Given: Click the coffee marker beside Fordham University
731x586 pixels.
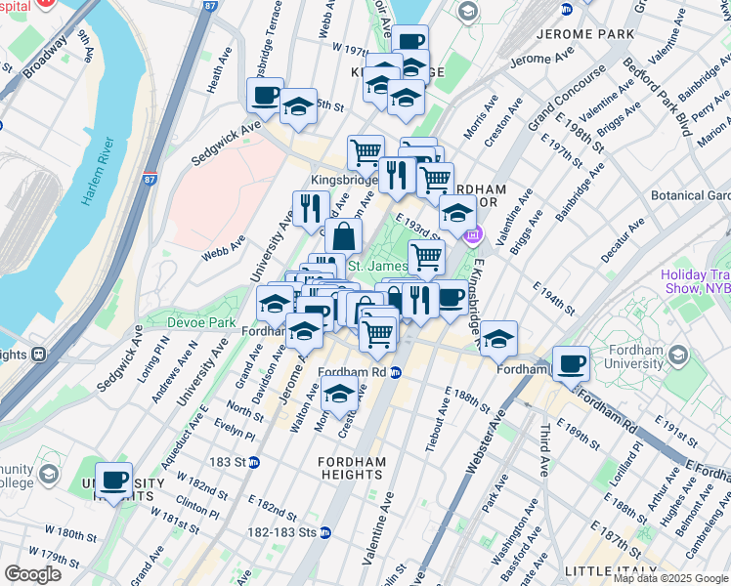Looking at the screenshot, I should (x=571, y=364).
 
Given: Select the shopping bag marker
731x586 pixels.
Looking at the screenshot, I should (x=344, y=236).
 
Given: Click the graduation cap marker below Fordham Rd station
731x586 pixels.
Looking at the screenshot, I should (x=339, y=397).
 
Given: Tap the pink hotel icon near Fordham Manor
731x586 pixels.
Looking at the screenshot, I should (x=474, y=234).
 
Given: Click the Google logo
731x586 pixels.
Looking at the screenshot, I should (x=32, y=574).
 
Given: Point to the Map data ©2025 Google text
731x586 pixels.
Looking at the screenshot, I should (x=669, y=578).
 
